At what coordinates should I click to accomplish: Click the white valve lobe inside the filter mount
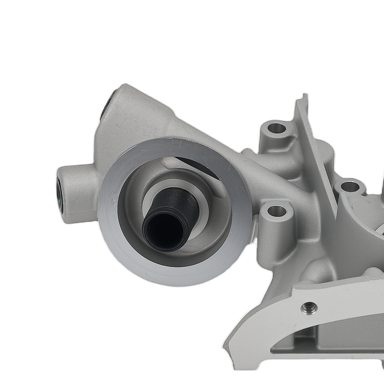click(x=167, y=163)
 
